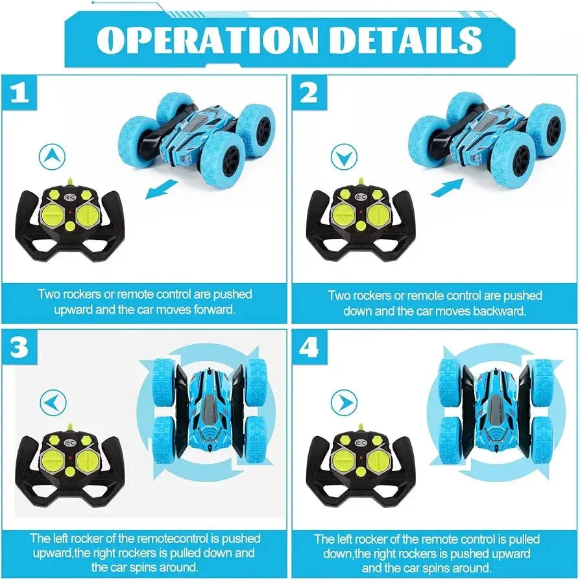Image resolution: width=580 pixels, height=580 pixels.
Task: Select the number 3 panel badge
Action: coord(19,348)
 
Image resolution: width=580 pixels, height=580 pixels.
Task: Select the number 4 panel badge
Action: coord(309,348)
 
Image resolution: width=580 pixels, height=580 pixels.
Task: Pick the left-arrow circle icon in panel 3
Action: coord(53,403)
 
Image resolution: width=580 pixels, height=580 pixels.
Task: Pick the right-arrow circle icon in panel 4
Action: coord(343,403)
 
